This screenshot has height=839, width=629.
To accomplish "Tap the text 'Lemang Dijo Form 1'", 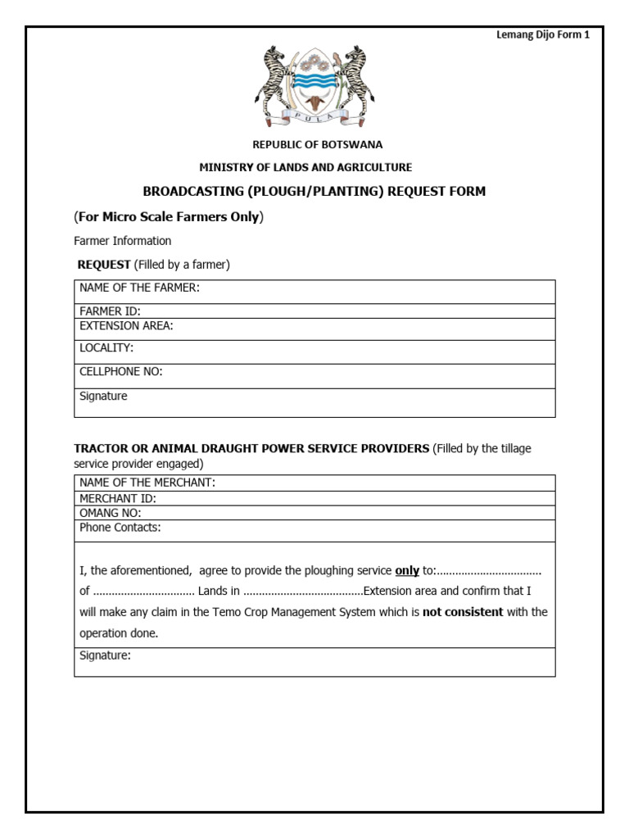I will tap(543, 34).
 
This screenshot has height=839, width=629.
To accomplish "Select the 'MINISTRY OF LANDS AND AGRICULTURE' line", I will tap(305, 167).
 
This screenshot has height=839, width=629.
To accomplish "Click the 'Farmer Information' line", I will tap(122, 241).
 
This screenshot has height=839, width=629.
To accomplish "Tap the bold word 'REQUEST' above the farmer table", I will tap(104, 265).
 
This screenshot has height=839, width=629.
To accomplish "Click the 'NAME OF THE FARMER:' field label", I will tap(139, 288).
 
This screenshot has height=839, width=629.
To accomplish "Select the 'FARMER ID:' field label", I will tap(111, 311).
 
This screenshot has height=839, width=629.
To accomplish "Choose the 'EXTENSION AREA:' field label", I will tap(126, 325).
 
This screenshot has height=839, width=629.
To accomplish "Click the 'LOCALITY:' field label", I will tap(106, 348).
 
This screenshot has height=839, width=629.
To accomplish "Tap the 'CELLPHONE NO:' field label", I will tap(120, 372).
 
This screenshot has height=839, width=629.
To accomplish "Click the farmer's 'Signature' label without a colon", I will tap(103, 397).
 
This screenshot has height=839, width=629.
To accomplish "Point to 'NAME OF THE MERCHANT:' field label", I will tap(147, 483).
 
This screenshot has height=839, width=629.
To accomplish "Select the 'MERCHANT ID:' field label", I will tap(118, 498).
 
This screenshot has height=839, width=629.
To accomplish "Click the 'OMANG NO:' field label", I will tap(111, 513).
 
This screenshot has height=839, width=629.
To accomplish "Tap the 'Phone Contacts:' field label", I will tap(120, 528).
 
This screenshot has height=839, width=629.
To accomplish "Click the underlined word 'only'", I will tap(407, 570).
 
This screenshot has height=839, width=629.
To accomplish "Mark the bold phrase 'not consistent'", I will tap(463, 612).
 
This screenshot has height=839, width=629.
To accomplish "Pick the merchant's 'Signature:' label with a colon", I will tap(105, 655).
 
